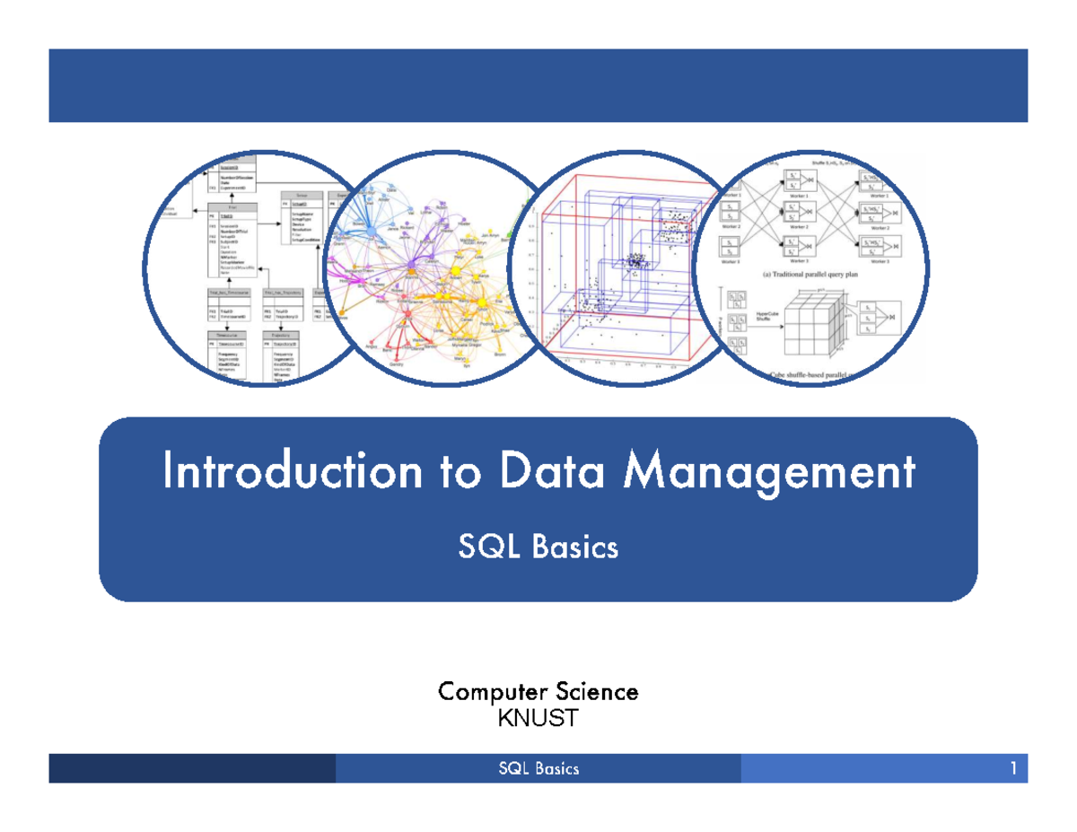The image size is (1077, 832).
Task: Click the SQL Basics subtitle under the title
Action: click(x=538, y=546)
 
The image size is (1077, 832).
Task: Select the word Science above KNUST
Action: click(x=597, y=692)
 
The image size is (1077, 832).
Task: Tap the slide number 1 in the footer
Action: click(x=1012, y=769)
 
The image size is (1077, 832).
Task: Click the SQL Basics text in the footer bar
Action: click(x=538, y=769)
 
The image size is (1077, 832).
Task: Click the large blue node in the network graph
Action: click(x=370, y=232)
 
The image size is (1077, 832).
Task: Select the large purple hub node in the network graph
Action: click(x=411, y=267)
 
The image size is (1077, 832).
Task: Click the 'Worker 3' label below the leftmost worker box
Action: click(x=732, y=261)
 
